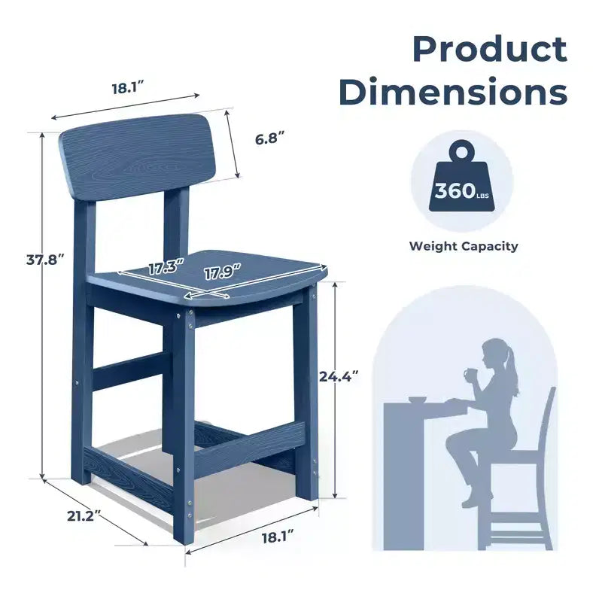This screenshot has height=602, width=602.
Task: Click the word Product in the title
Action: (x=490, y=49)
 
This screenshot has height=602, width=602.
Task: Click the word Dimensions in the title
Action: (x=453, y=91)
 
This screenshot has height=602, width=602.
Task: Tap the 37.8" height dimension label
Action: (x=44, y=260)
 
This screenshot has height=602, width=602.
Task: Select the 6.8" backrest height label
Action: (x=269, y=138)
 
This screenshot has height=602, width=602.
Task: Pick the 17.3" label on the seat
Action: (x=166, y=267)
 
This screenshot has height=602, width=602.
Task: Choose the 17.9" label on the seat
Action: (x=222, y=272)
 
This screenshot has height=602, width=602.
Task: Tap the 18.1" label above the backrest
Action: (x=127, y=89)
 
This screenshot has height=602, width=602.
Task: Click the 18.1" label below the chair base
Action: (x=278, y=537)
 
